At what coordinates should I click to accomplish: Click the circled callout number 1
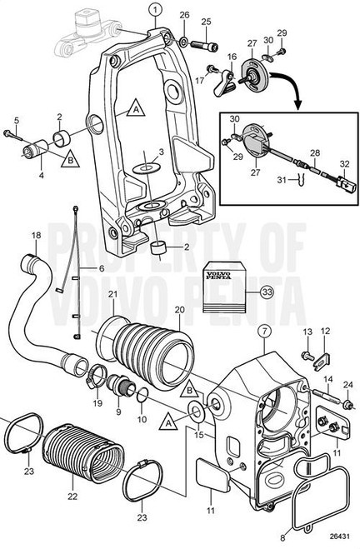155,9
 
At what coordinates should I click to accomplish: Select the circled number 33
267,292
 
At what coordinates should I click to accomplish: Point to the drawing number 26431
338,537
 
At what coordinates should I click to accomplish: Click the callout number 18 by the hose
35,236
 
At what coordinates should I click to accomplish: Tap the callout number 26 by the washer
184,15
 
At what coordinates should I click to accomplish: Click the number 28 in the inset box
314,152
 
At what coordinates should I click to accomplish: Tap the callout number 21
112,294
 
